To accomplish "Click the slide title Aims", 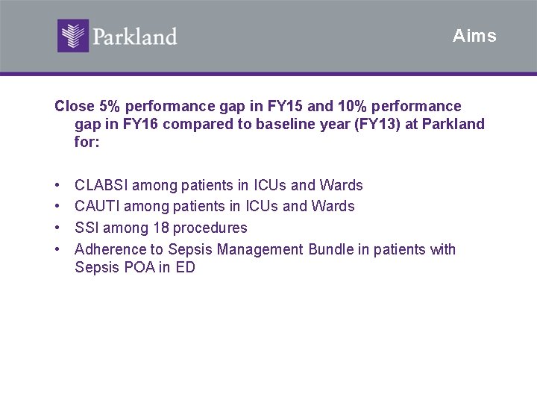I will [x=474, y=36].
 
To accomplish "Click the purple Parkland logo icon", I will [x=73, y=36].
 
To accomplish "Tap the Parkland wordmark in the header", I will [x=135, y=37].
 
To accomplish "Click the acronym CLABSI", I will [x=101, y=185].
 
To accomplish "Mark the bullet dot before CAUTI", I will [x=57, y=207].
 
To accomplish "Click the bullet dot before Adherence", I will [x=57, y=250].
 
